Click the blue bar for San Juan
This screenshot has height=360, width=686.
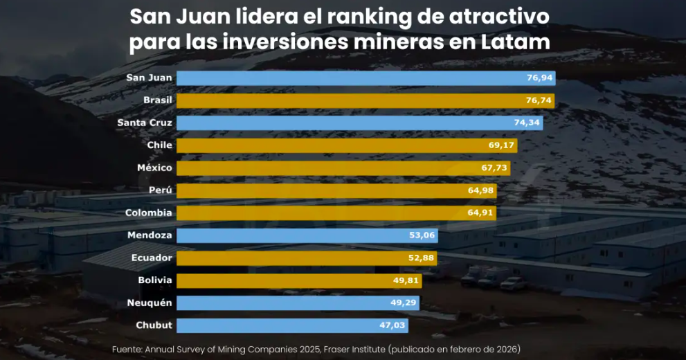tap(346, 78)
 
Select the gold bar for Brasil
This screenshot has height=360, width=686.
tap(346, 100)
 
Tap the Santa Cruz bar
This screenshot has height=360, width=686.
tap(346, 123)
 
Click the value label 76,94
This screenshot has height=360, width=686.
tap(539, 78)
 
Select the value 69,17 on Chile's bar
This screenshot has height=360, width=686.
tap(501, 145)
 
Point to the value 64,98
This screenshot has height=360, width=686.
tap(481, 190)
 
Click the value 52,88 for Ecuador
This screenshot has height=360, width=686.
tap(422, 258)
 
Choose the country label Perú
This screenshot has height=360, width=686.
tap(160, 190)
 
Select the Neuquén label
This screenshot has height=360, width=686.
tap(150, 303)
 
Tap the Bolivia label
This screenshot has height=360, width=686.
tap(154, 280)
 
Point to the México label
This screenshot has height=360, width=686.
tap(155, 168)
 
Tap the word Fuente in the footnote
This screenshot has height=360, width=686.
tap(127, 350)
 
